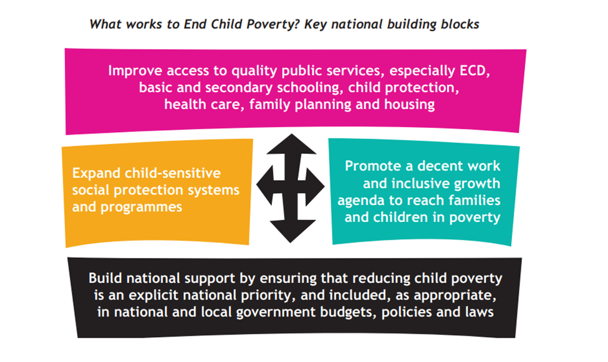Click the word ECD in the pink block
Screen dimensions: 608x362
pos(475,70)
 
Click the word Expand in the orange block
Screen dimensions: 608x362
pos(96,173)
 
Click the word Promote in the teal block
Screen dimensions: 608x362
pos(373,166)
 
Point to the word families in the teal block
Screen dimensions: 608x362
pos(473,200)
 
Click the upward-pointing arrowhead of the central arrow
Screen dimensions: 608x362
pos(291,145)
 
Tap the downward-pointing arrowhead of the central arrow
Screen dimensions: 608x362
pos(291,231)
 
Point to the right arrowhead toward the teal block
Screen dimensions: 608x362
pos(316,187)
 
